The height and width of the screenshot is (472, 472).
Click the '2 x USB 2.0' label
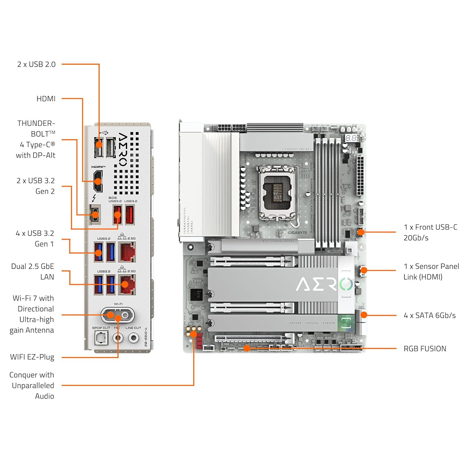coord(36,65)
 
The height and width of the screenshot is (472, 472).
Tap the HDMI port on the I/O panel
coord(98,181)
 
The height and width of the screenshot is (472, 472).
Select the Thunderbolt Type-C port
coord(95,215)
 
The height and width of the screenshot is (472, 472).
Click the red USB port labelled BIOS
coord(117,215)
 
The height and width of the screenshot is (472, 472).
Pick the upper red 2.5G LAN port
coord(127,252)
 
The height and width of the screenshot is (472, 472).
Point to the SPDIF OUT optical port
coord(101,338)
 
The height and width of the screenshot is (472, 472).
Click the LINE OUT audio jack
coord(134,338)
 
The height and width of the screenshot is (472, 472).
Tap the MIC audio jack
coord(118,338)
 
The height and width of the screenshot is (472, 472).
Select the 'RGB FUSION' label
coord(425,349)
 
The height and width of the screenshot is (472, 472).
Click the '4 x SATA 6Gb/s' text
coord(430,315)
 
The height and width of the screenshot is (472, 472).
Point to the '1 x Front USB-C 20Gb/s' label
coord(430,232)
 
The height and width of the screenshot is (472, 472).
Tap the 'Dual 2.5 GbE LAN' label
coord(33,272)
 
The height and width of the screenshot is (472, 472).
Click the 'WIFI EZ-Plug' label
coord(32,357)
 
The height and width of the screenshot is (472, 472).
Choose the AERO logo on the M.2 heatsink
coord(324,284)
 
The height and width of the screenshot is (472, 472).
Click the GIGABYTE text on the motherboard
coord(297,233)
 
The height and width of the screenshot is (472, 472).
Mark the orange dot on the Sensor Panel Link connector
coord(364,270)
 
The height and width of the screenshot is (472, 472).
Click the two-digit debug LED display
coord(351,138)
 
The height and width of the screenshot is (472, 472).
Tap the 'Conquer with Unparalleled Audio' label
coord(32,385)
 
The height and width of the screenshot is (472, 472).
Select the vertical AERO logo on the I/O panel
coord(123,149)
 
